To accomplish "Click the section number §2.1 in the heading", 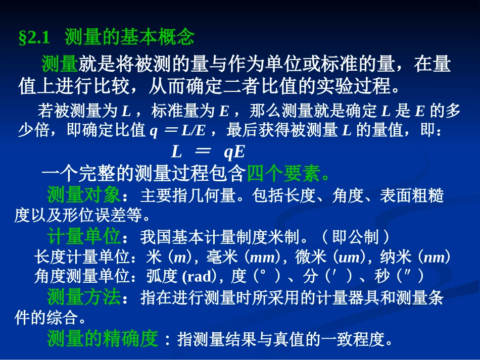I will point(36,39).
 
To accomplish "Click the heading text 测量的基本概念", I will point(129,38).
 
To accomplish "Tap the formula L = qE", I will point(208,151).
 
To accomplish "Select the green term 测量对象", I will point(84,195).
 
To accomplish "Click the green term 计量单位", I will point(84,236).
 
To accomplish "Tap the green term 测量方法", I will point(84,297).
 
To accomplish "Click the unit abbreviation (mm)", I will point(262,257).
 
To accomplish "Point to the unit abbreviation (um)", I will point(349,257).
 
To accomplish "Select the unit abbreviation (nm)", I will point(434,257).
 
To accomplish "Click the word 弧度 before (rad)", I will point(162,277).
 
